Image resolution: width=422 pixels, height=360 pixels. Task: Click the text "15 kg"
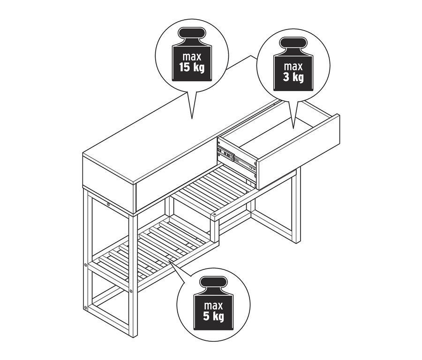[192, 68]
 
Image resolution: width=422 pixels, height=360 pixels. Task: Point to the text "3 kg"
[294, 77]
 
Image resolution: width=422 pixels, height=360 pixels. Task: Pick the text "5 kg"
[214, 316]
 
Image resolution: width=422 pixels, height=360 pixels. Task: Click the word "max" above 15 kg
[192, 57]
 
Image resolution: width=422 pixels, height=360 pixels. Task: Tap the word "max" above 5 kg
[214, 306]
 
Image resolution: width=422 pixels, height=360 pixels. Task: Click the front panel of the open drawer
[298, 152]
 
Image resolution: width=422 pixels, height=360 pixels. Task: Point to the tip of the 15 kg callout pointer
[192, 119]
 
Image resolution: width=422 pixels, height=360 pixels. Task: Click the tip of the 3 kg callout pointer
[294, 128]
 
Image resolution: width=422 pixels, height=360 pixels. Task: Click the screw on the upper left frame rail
[108, 205]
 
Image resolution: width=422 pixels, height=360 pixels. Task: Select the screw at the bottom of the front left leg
[86, 307]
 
